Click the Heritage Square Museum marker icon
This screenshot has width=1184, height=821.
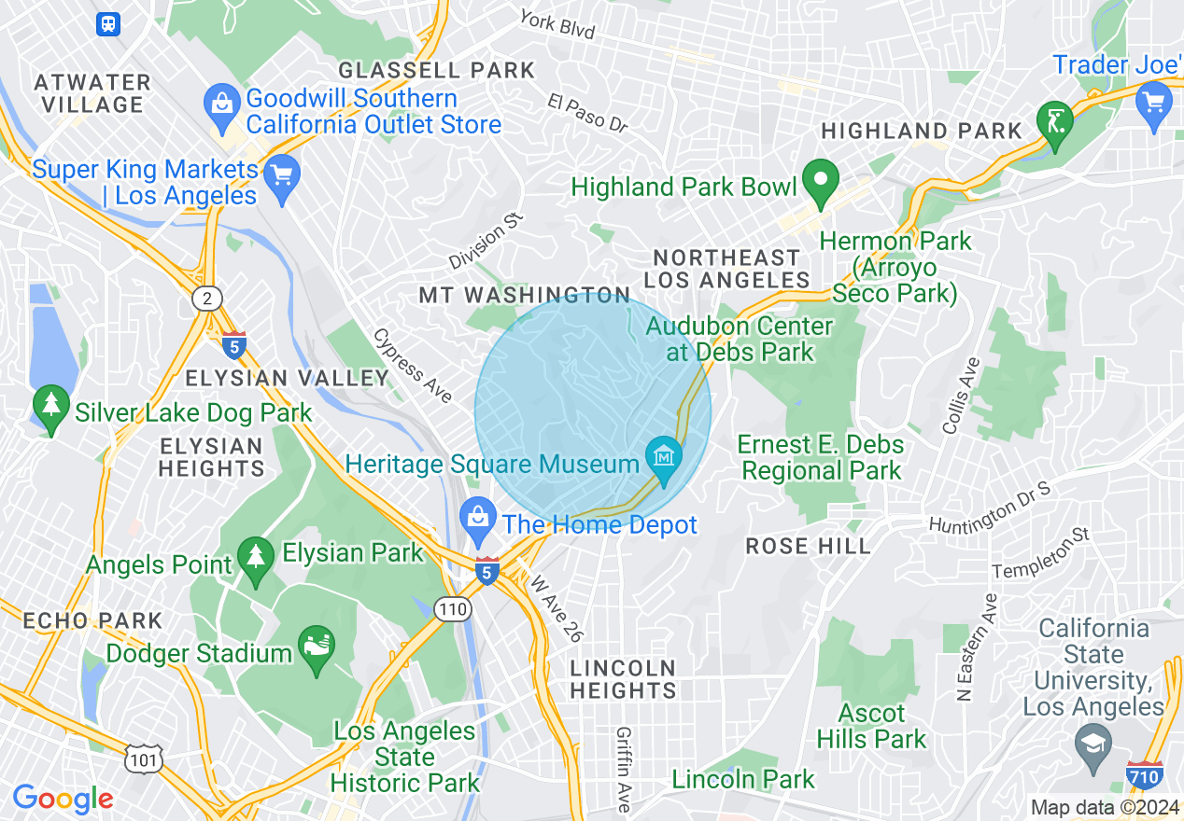pos(664,458)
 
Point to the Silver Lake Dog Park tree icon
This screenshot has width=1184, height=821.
pos(50,407)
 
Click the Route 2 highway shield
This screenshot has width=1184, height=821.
pos(206,299)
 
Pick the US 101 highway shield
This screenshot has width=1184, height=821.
pos(145,760)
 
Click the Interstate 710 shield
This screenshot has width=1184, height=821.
pos(1145,774)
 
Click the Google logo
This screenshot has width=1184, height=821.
pos(63,799)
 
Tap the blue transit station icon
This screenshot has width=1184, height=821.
pos(109,24)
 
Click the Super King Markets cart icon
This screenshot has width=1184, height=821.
pos(281,174)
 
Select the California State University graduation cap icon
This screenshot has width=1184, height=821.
pos(1092,744)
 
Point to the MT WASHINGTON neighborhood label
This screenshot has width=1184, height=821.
pos(524,296)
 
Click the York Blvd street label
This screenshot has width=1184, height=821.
pos(557,24)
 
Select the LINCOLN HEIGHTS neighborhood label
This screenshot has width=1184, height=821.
pos(623,679)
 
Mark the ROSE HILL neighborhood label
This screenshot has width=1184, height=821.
pos(808,547)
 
